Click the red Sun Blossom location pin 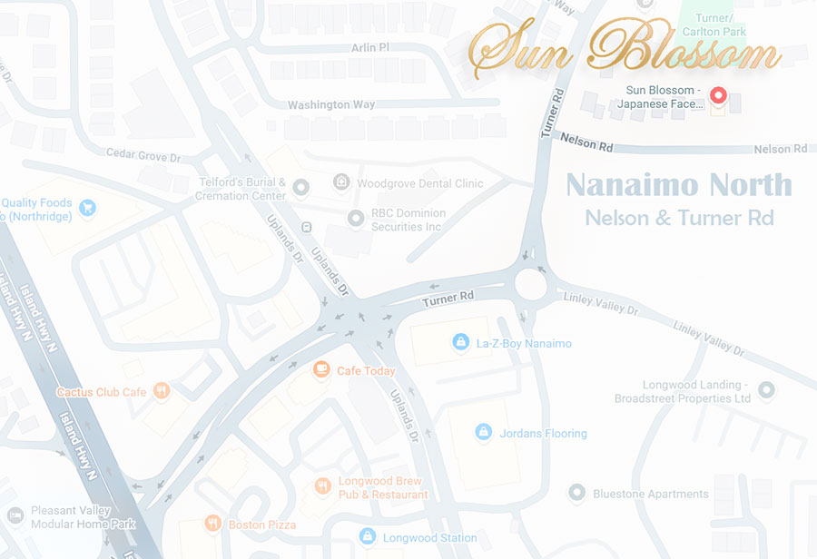pyautogui.click(x=717, y=95)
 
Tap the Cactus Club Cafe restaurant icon pyautogui.click(x=161, y=391)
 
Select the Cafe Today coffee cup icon pyautogui.click(x=320, y=369)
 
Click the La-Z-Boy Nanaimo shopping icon pyautogui.click(x=460, y=342)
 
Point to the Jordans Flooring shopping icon pyautogui.click(x=484, y=432)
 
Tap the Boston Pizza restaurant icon pyautogui.click(x=212, y=523)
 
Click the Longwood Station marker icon pyautogui.click(x=367, y=536)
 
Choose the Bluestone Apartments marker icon pyautogui.click(x=576, y=493)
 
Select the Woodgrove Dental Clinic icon pyautogui.click(x=341, y=182)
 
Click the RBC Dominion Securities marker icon pyautogui.click(x=357, y=219)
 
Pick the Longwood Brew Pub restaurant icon pyautogui.click(x=321, y=486)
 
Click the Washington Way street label pyautogui.click(x=330, y=105)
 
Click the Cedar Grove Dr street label pyautogui.click(x=136, y=156)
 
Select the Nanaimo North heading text pyautogui.click(x=679, y=185)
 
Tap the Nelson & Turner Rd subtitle pyautogui.click(x=679, y=218)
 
